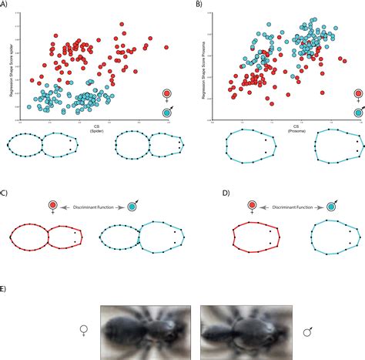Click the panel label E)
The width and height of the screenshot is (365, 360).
pos(6,287)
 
